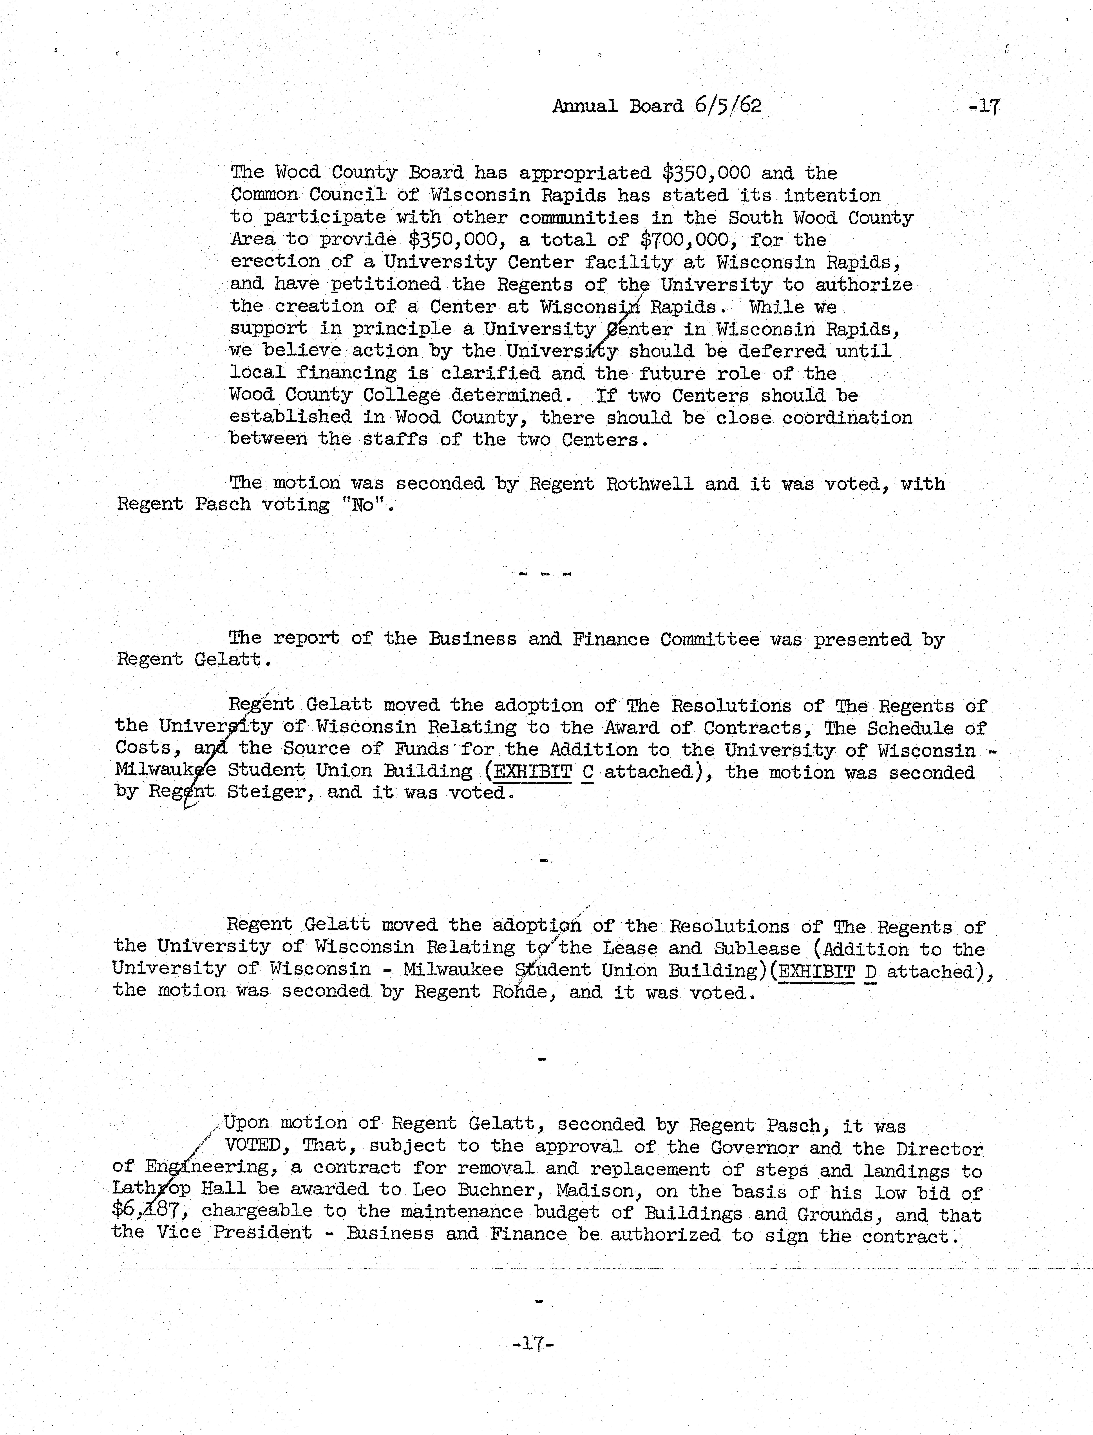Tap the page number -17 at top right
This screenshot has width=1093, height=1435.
[x=984, y=106]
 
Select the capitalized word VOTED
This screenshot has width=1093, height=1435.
[x=252, y=1146]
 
